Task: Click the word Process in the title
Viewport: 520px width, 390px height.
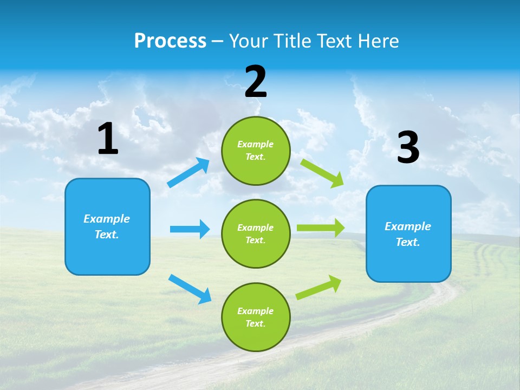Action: (x=170, y=41)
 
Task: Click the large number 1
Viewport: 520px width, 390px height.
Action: (x=108, y=139)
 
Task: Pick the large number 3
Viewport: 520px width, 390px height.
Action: (x=408, y=148)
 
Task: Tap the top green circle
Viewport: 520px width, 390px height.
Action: (x=256, y=151)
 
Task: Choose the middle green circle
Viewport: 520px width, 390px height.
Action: (x=256, y=233)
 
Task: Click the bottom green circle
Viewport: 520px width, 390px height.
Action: (x=256, y=317)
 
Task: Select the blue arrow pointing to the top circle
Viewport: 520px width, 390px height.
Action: (x=188, y=173)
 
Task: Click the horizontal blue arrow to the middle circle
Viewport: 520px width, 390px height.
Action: (x=190, y=229)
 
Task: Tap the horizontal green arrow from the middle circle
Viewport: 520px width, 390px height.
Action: (x=321, y=228)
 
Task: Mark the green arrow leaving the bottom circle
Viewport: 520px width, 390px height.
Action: (x=319, y=287)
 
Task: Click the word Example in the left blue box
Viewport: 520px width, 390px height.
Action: (x=107, y=219)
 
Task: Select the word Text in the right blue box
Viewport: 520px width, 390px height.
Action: (x=407, y=242)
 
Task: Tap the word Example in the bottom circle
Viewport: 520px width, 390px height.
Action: (x=255, y=311)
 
